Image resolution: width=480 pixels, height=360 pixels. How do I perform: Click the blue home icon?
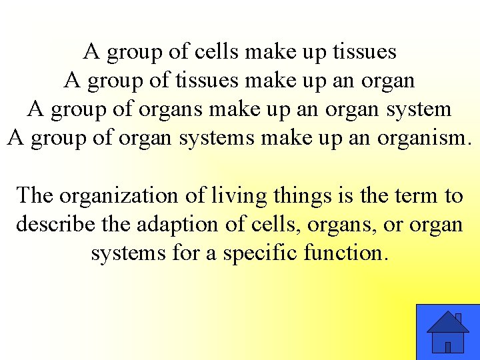point(447,332)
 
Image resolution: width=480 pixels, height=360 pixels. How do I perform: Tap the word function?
point(345,253)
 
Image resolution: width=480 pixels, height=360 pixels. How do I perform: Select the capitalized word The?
point(35,196)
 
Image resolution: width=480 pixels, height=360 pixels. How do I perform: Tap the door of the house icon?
point(448,347)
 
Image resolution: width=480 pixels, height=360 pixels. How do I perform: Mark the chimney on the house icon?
point(458,318)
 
